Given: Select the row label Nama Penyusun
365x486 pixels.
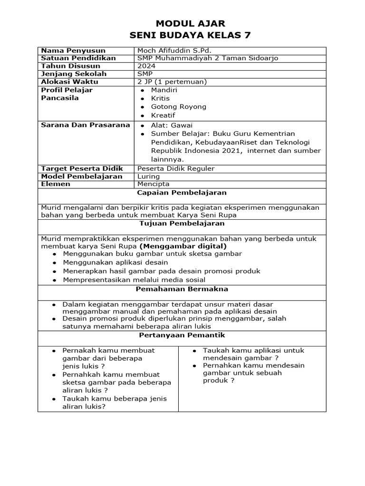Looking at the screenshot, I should (73, 51).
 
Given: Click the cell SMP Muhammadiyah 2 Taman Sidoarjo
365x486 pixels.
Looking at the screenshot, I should (208, 58).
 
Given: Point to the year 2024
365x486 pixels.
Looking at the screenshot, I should (145, 66).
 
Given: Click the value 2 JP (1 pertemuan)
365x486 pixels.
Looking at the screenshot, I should (171, 82).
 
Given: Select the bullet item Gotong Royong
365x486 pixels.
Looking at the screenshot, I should (178, 107).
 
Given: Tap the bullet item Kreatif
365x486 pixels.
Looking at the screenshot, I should (163, 115).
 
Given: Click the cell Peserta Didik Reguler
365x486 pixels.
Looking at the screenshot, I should (176, 168).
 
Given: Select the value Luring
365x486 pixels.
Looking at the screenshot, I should (149, 177).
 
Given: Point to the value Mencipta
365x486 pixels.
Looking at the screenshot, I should (153, 184).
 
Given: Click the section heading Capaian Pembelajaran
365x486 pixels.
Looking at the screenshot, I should (182, 193).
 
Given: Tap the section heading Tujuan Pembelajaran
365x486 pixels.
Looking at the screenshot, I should (182, 224).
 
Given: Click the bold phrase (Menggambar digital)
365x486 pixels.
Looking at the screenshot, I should (183, 246).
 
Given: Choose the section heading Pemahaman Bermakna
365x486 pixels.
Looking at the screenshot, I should (182, 289).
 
